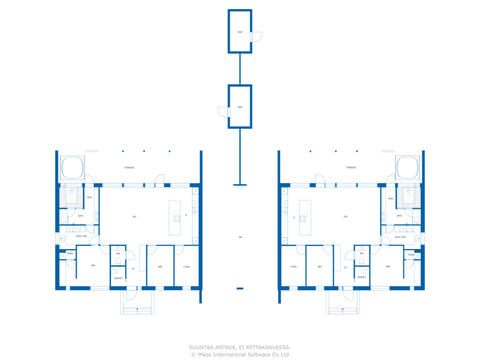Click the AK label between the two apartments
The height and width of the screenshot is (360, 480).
point(240,237)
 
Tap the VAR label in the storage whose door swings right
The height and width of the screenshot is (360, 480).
point(240,32)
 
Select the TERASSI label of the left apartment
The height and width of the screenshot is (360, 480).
point(129,168)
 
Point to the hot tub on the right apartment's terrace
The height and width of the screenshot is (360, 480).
point(407,168)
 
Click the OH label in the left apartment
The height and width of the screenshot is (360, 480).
point(134,217)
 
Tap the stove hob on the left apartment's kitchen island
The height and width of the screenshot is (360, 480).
point(177,218)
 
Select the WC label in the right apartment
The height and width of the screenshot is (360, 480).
point(362,253)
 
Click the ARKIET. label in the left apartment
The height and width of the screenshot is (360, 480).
point(118,278)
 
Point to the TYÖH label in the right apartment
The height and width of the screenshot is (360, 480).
point(293,267)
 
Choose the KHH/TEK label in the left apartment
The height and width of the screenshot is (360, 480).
point(81,236)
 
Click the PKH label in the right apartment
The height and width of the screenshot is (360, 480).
point(391,199)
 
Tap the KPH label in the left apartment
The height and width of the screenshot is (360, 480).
point(81,216)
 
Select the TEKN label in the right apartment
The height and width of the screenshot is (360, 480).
point(411,255)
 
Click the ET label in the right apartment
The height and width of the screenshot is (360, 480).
point(346,268)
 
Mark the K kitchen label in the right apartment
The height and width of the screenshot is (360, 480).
point(294,217)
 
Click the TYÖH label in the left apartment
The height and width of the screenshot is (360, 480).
point(186,267)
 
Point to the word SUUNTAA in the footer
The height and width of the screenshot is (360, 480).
point(201,348)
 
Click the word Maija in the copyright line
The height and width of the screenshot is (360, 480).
point(204,355)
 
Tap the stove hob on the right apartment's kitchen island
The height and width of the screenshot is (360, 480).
point(303,219)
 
